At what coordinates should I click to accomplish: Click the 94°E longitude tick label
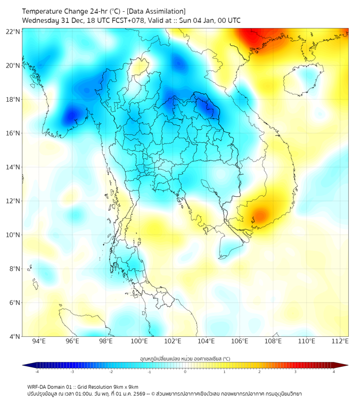39,341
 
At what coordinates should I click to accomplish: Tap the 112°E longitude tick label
340,341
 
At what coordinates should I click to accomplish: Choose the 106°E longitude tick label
240,341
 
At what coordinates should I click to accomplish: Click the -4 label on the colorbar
36,372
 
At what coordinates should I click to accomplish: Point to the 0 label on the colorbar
185,372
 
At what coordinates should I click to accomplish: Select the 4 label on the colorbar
334,372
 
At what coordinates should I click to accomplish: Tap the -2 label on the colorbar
110,372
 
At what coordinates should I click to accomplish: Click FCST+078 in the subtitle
125,20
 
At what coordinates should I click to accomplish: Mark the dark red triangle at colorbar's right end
343,365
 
